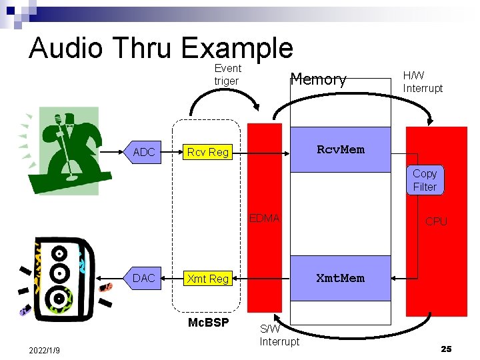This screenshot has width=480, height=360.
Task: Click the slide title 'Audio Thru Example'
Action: (x=161, y=48)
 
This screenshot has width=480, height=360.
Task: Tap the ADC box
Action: (x=144, y=152)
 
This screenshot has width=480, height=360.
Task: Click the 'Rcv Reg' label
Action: (x=208, y=152)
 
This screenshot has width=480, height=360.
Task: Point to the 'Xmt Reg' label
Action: (x=208, y=279)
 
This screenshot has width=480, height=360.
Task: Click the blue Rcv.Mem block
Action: (x=341, y=149)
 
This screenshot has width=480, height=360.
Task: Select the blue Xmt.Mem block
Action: (x=341, y=278)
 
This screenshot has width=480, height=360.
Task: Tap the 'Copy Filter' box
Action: (x=425, y=180)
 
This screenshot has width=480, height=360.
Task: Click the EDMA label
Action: (x=265, y=218)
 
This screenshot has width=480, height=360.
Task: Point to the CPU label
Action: (x=436, y=221)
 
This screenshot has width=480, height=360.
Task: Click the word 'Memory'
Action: (x=319, y=80)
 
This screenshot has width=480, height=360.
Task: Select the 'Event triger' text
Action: (x=227, y=75)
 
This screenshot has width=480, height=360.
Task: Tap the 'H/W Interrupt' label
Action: (x=423, y=82)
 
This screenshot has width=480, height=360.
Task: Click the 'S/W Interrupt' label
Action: (x=279, y=335)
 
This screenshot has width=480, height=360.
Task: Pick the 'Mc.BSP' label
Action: (x=208, y=323)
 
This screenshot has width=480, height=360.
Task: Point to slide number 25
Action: (x=446, y=349)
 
